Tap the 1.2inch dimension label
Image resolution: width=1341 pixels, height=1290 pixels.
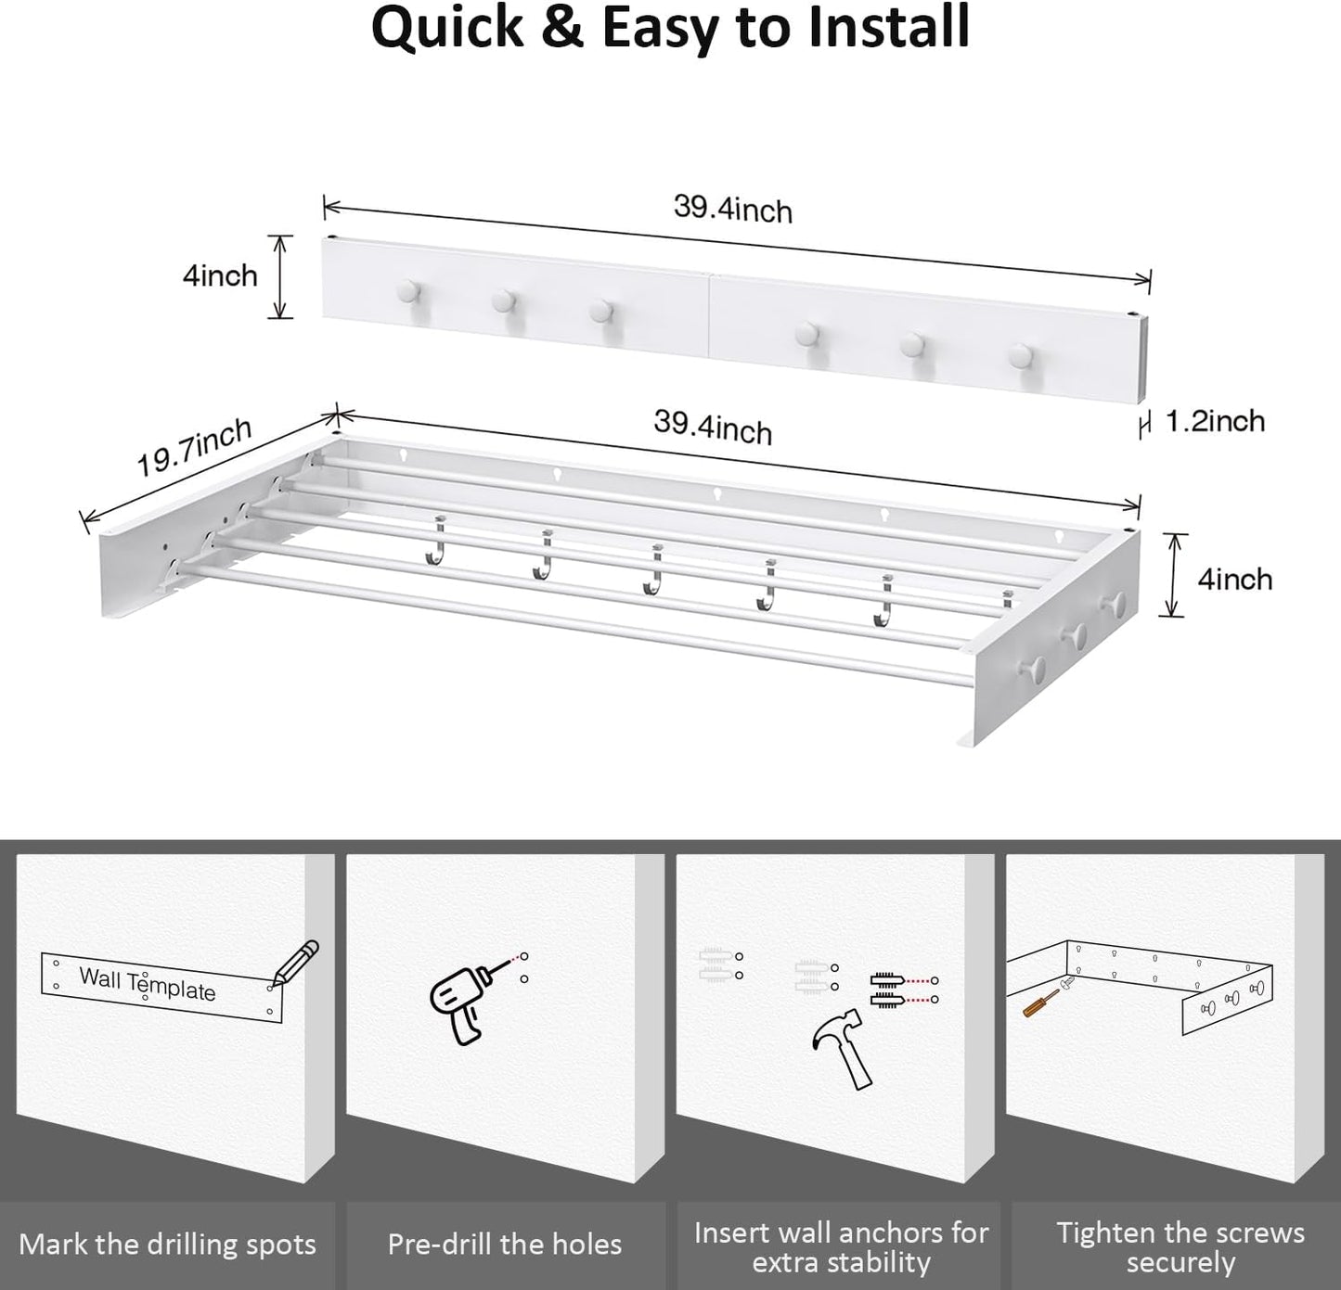[1215, 422]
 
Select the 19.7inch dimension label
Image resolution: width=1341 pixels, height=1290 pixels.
[195, 446]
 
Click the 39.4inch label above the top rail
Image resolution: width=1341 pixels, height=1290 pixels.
[733, 209]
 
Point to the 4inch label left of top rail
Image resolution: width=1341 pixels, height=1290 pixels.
[220, 275]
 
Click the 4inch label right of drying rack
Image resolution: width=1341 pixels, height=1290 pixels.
[1234, 580]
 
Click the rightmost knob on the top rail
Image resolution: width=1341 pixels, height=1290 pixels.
[1021, 354]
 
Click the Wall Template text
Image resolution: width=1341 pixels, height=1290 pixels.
[147, 984]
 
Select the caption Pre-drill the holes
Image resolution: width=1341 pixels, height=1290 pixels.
[505, 1245]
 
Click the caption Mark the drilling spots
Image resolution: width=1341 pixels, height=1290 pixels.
[167, 1245]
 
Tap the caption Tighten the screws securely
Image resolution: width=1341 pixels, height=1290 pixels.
[1180, 1246]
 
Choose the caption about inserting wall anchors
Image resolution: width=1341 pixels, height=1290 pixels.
[841, 1246]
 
